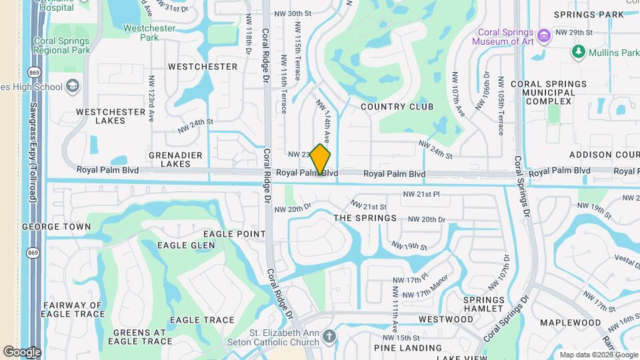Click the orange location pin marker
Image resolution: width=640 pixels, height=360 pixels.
[321, 159]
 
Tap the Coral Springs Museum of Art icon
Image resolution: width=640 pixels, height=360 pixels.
[544, 35]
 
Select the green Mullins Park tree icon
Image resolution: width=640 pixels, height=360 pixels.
[578, 51]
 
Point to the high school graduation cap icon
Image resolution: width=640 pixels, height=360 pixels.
[73, 87]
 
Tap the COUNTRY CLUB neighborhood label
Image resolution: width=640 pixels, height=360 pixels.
[397, 107]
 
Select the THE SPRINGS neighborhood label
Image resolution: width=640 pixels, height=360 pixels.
[365, 218]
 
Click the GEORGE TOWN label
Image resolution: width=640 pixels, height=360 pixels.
[56, 227]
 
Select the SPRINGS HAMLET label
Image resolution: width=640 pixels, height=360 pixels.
[483, 305]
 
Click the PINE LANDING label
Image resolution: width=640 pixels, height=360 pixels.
[404, 347]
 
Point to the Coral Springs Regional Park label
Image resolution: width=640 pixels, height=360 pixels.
[61, 45]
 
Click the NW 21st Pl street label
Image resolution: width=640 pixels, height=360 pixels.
[421, 194]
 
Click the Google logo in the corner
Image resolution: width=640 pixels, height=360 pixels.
[22, 351]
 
